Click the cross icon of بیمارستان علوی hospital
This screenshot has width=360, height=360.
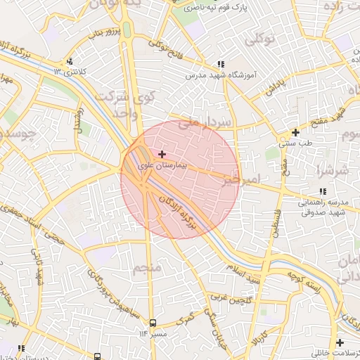click(162, 153)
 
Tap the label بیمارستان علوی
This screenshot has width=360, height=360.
click(163, 165)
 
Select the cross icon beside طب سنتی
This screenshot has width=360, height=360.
click(295, 132)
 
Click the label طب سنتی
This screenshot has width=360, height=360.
click(295, 143)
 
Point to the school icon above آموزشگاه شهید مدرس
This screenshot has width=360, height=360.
click(221, 63)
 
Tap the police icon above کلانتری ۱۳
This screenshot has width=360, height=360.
click(69, 61)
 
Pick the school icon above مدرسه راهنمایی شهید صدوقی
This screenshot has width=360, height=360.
click(323, 191)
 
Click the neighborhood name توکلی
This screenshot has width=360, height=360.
click(259, 41)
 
